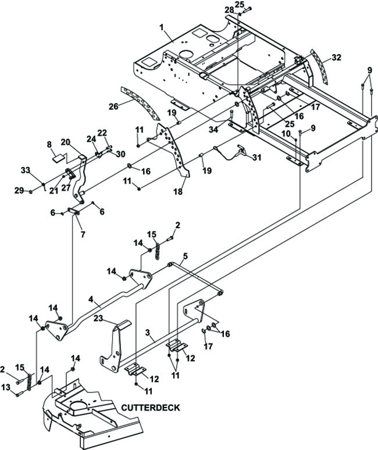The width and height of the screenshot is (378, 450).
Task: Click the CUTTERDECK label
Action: click(x=151, y=408)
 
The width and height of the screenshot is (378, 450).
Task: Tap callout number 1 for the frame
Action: click(x=162, y=27)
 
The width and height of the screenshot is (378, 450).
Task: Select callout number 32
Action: click(x=336, y=58)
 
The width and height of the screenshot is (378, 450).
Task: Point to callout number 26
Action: click(x=113, y=106)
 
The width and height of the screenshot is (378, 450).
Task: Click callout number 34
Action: click(x=213, y=130)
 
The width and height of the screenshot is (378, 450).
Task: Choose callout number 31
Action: click(x=257, y=158)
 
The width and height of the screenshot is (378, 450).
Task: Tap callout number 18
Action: click(x=178, y=192)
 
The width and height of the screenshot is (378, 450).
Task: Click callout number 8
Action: click(x=49, y=145)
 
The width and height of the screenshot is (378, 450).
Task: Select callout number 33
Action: click(x=26, y=170)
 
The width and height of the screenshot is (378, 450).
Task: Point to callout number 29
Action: click(x=19, y=190)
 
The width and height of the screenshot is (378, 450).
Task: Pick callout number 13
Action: click(x=5, y=387)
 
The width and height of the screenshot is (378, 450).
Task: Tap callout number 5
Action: click(x=186, y=256)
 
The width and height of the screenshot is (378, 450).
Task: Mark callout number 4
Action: click(x=91, y=299)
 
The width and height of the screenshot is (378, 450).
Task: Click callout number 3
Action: click(x=148, y=333)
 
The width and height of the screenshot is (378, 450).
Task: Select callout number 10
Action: click(x=286, y=134)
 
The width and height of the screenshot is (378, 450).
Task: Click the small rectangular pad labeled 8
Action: click(x=59, y=158)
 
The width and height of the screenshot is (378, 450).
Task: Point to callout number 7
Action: click(x=83, y=234)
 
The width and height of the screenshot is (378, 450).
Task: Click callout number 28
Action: click(x=229, y=10)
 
